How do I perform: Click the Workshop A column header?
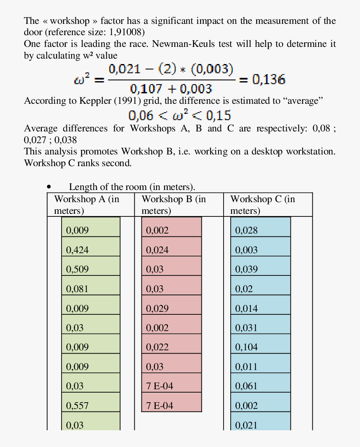click(x=87, y=205)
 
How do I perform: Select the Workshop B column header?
click(x=174, y=205)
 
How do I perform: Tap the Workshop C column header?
click(x=262, y=205)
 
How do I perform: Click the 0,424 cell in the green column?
click(x=91, y=250)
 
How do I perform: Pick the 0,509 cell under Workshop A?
click(x=91, y=269)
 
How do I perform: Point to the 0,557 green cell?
click(x=91, y=405)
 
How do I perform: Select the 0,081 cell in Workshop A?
click(x=91, y=289)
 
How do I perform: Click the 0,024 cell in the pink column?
click(x=171, y=250)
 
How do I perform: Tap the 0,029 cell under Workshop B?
click(x=171, y=308)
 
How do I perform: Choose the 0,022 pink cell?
click(x=171, y=347)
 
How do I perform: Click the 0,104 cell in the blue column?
click(x=260, y=347)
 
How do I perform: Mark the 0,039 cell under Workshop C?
click(x=260, y=269)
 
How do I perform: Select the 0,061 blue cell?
click(x=260, y=386)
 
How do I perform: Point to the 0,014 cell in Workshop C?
click(x=260, y=308)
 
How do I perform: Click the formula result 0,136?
click(x=269, y=80)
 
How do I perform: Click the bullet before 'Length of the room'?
click(x=49, y=187)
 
